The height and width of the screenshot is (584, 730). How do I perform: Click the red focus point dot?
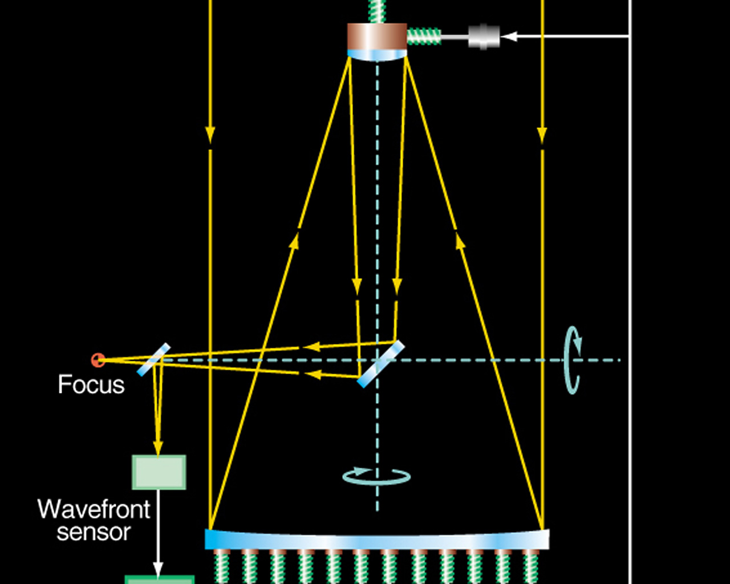coord(98,360)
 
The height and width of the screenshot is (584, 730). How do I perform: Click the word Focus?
coord(91,385)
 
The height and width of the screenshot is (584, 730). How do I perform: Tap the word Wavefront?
coord(94,509)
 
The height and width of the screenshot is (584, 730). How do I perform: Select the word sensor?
coord(94,532)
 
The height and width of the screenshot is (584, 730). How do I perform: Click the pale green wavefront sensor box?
coord(159,472)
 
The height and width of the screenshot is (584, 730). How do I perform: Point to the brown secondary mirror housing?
coord(377,36)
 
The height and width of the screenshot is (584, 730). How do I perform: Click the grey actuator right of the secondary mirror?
coord(484,36)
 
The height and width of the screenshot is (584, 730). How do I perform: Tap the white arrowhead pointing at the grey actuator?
coord(509,36)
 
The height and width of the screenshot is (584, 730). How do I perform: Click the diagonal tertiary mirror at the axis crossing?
coord(381,364)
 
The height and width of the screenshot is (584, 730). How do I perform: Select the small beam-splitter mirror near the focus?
coord(154,359)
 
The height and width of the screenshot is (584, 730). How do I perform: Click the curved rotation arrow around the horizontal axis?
coord(573,360)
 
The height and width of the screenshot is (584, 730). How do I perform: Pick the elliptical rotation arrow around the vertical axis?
coord(376,476)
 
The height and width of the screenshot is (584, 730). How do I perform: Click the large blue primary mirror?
coord(376,540)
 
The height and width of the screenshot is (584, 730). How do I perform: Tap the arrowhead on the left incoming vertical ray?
coord(210,135)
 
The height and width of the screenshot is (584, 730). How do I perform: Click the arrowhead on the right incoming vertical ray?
coord(542,135)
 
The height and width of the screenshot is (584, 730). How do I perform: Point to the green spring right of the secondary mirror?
coord(424,36)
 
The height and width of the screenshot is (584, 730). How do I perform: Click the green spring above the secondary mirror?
coord(377,10)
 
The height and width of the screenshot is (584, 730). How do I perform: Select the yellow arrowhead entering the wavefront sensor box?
coord(158,448)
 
